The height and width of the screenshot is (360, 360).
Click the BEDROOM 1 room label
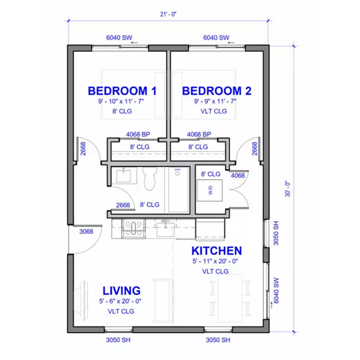(122, 90)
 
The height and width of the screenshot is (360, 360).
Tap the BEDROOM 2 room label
(217, 90)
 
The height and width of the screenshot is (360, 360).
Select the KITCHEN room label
(216, 251)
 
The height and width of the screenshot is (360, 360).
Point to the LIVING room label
(121, 290)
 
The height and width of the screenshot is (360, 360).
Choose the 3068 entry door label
(86, 232)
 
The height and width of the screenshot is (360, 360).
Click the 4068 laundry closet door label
(237, 175)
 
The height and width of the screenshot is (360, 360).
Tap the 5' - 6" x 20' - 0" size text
(121, 301)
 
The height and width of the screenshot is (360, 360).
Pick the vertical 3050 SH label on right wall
(276, 233)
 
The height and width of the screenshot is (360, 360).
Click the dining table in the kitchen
(230, 297)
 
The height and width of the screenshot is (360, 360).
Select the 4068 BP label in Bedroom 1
(138, 135)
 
